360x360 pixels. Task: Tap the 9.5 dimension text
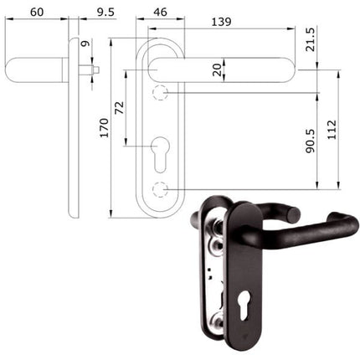pyautogui.click(x=106, y=12)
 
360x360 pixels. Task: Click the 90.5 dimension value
pyautogui.click(x=310, y=140)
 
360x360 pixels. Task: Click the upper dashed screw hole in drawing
pyautogui.click(x=162, y=90)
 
